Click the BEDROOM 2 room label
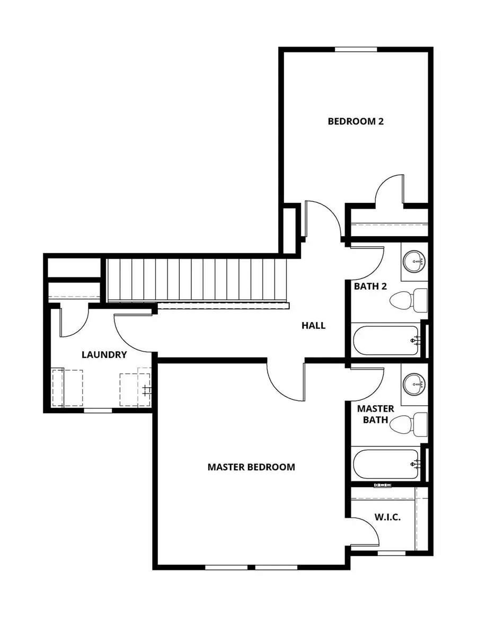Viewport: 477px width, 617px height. pos(355,121)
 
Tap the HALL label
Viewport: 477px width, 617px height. pos(313,325)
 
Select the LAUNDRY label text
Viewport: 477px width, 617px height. pos(104,354)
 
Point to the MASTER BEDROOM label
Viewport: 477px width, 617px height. pos(251,467)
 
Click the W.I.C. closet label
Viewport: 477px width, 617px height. pos(387,516)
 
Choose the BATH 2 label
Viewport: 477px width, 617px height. pos(370,286)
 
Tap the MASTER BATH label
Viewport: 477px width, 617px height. pos(375,414)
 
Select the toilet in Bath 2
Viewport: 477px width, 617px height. pos(409,300)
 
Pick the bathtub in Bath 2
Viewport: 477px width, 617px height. pos(386,340)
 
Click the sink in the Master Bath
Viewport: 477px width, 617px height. pos(415,383)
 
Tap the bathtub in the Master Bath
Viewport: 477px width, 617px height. pos(386,463)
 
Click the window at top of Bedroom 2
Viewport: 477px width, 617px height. pos(356,50)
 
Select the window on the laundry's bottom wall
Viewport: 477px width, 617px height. pos(98,410)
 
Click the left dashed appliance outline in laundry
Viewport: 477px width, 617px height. pos(68,388)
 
